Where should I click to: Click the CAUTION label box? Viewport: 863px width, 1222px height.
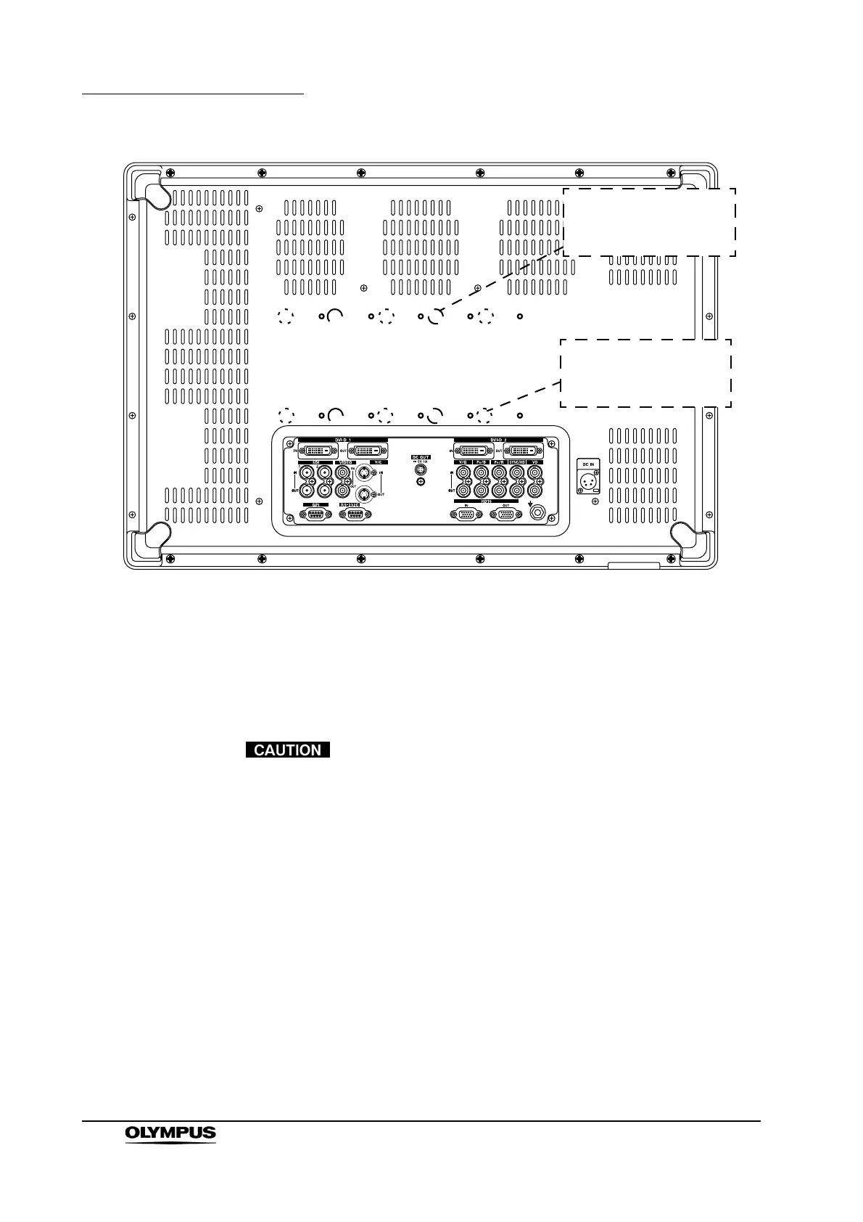[288, 750]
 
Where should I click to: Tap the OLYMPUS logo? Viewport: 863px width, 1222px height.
[170, 1132]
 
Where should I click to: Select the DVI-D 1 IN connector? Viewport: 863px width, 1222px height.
[317, 451]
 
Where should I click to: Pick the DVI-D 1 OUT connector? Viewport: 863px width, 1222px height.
[367, 451]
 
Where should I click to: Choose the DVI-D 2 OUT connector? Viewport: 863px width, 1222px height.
[524, 451]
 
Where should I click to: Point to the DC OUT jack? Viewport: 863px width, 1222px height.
[420, 469]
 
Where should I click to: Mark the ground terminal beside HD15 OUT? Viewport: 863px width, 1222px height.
[538, 512]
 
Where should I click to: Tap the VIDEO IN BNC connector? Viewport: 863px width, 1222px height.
[342, 472]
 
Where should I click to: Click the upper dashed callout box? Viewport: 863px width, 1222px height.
[649, 221]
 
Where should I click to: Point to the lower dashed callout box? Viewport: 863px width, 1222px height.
[645, 373]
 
